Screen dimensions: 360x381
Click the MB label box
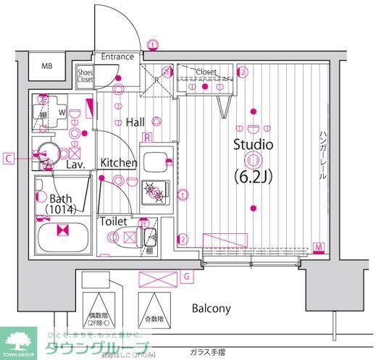(47, 67)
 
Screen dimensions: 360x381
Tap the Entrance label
(117, 56)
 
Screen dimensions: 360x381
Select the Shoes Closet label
(86, 76)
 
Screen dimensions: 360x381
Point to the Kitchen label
(119, 163)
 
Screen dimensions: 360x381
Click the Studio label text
(253, 144)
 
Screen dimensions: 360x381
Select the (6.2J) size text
(253, 175)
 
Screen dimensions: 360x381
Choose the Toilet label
(114, 221)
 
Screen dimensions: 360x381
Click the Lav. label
(77, 164)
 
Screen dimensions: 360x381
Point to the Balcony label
(211, 308)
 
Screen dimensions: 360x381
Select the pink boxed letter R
(146, 137)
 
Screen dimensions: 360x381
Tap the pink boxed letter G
(187, 276)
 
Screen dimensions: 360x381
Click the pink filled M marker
(319, 249)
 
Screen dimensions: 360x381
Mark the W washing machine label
(62, 112)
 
